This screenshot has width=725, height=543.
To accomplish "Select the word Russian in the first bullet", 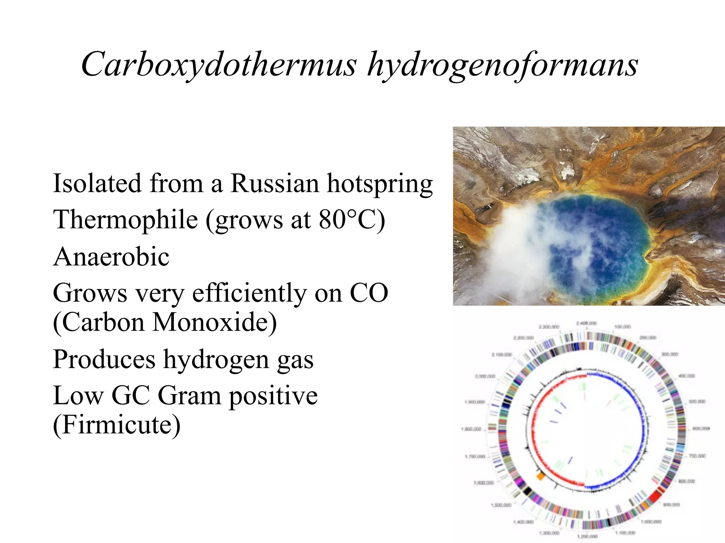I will tap(275, 183).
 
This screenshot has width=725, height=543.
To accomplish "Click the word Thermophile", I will tap(126, 220).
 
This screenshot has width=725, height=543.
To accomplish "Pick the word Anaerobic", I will tap(111, 257).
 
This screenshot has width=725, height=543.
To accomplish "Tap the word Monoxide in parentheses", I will tap(214, 322).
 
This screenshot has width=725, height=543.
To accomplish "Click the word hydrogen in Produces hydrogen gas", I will tap(216, 360).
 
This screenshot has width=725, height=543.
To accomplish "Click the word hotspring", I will tap(380, 184).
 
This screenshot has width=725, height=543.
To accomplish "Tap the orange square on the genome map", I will tap(540, 476).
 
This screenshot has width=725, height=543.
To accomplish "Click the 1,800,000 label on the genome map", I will tap(471, 429).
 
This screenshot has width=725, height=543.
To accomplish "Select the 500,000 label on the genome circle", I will tap(697, 402).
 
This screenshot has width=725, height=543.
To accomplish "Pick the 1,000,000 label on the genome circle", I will tap(652, 521).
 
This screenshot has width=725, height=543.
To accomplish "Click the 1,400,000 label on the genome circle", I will tap(524, 522).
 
